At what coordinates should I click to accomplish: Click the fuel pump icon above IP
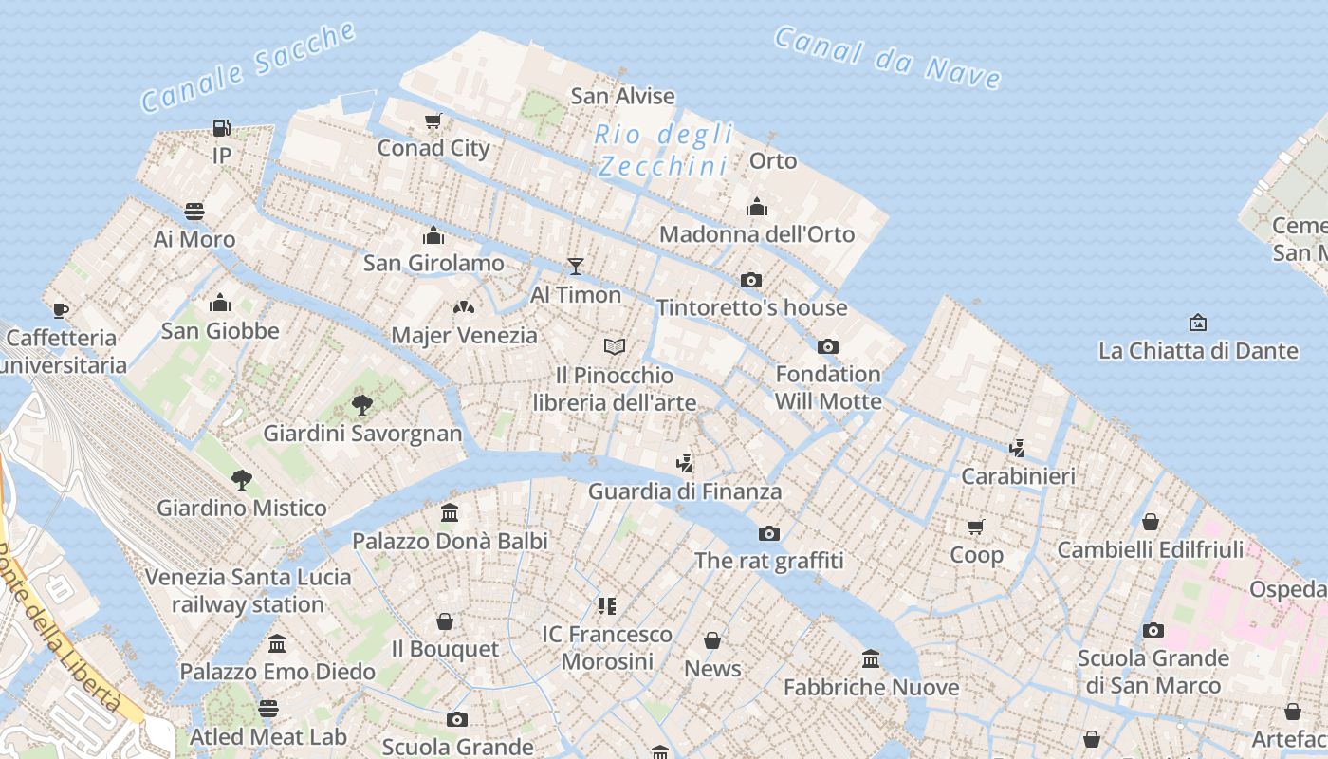click(x=221, y=127)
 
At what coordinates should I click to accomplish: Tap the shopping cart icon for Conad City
click(x=433, y=120)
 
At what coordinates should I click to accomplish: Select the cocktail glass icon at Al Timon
click(x=575, y=267)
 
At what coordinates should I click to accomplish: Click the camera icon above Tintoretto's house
click(x=751, y=280)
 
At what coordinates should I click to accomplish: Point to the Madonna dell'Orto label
click(x=756, y=234)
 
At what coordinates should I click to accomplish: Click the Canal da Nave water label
click(x=887, y=58)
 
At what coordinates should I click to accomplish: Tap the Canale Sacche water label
click(x=249, y=66)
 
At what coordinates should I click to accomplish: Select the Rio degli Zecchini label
click(x=664, y=150)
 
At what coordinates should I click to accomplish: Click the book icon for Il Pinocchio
click(x=615, y=346)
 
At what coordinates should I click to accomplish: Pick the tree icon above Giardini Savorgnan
click(x=361, y=405)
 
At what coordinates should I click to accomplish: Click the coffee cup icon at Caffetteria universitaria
click(x=61, y=310)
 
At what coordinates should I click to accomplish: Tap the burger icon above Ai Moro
click(x=194, y=212)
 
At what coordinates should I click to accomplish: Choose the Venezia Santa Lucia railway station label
click(x=248, y=590)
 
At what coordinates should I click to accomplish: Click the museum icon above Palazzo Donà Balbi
click(x=450, y=513)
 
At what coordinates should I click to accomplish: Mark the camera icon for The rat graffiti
click(x=769, y=533)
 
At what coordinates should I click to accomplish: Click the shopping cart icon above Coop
click(x=976, y=527)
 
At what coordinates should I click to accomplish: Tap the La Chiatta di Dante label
click(x=1198, y=351)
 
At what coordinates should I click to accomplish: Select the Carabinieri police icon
click(x=1018, y=448)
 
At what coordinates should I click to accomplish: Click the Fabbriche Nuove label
click(x=871, y=687)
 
